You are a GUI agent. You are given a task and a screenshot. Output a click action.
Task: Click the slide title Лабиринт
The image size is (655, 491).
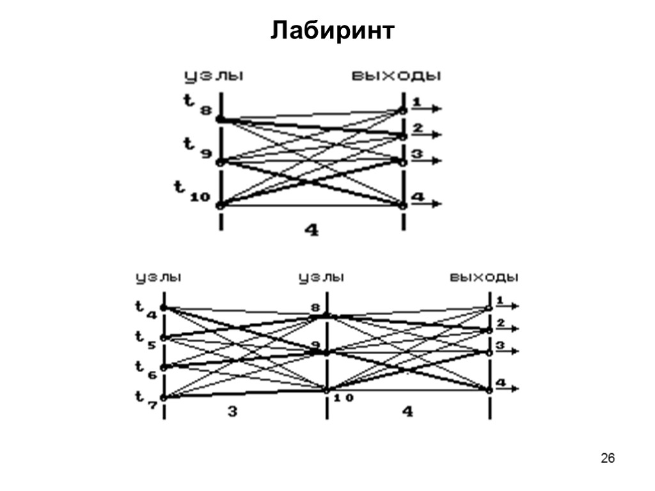(333, 30)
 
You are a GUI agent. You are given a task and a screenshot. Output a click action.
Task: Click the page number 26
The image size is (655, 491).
(608, 458)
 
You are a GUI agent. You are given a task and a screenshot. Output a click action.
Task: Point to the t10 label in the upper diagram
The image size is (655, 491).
(192, 191)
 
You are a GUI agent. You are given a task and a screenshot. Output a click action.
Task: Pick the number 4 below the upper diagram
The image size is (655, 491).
(312, 230)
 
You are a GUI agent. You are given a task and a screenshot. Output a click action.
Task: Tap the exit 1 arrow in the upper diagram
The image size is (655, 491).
(427, 109)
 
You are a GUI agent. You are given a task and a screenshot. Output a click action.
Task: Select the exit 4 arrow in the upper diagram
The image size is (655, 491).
(427, 204)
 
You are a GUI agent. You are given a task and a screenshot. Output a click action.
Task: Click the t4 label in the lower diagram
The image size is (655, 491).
(146, 309)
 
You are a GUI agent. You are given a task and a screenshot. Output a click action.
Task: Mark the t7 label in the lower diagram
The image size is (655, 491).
(146, 399)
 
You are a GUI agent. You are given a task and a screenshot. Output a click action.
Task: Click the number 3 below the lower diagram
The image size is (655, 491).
(232, 412)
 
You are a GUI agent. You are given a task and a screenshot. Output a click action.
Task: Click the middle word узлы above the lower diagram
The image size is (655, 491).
(321, 278)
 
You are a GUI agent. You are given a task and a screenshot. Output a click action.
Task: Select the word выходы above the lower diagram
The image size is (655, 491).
(484, 278)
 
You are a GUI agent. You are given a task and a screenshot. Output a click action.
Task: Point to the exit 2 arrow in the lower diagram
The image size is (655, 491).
(508, 329)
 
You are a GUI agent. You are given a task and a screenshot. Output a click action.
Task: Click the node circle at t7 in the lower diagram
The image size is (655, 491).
(164, 398)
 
